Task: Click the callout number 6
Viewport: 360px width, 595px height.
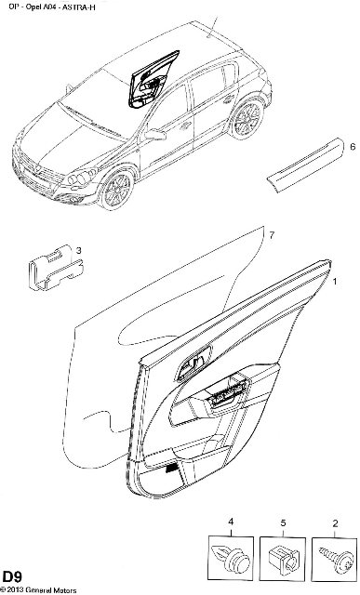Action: click(353, 147)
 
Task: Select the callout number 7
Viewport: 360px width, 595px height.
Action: click(272, 235)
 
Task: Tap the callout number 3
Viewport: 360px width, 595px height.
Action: click(79, 250)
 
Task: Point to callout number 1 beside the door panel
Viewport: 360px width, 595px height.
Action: click(335, 282)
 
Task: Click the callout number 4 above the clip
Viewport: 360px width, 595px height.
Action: click(231, 522)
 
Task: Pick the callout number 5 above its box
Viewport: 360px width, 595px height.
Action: click(283, 523)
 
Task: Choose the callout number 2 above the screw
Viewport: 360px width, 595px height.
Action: click(335, 524)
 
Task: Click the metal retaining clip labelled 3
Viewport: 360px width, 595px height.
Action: click(56, 267)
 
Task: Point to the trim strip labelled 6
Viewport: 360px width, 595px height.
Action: click(305, 165)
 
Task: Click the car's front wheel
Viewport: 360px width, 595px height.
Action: click(117, 190)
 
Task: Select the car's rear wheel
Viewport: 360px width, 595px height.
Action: click(247, 119)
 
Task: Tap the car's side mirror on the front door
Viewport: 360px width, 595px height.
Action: click(155, 134)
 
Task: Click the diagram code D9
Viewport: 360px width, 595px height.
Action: click(11, 576)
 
